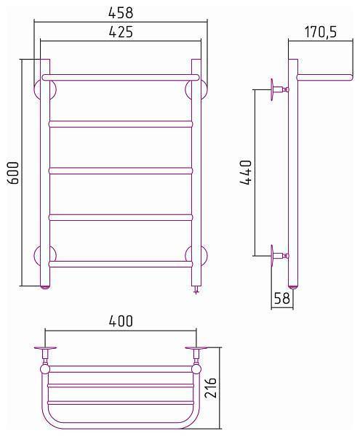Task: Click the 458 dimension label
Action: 121,13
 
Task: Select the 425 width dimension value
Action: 121,32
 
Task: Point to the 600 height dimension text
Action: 13,173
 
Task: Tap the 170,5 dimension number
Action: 320,32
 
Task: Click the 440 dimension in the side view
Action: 246,172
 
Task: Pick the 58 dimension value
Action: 282,299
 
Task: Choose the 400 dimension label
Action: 121,321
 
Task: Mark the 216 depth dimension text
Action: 210,387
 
